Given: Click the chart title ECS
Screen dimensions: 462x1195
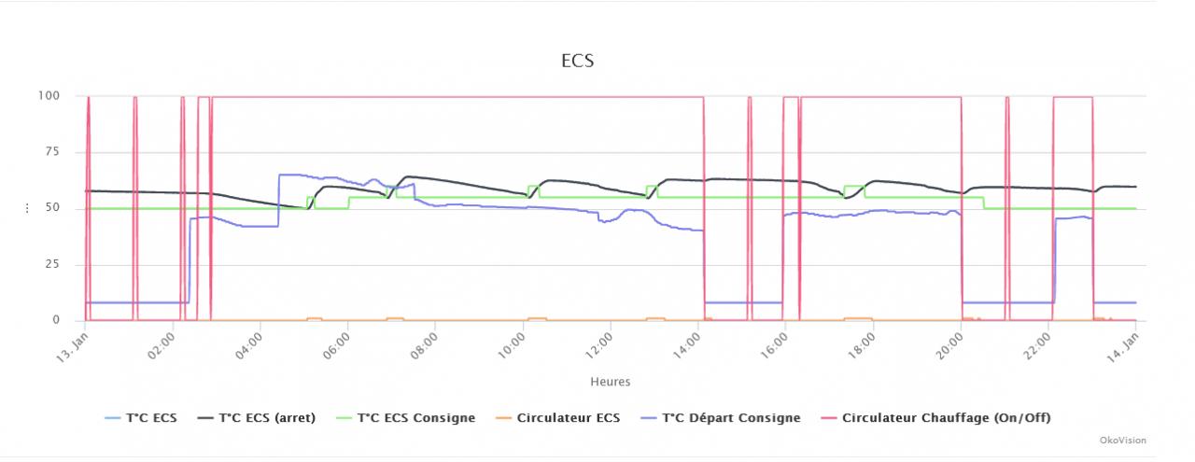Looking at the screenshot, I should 577,62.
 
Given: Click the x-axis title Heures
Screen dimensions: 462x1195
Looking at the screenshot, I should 610,382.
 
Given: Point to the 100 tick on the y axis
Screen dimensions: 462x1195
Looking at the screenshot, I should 49,95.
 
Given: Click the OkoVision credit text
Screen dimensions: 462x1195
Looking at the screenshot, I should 1124,441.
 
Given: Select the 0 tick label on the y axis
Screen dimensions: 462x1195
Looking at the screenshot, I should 56,320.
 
